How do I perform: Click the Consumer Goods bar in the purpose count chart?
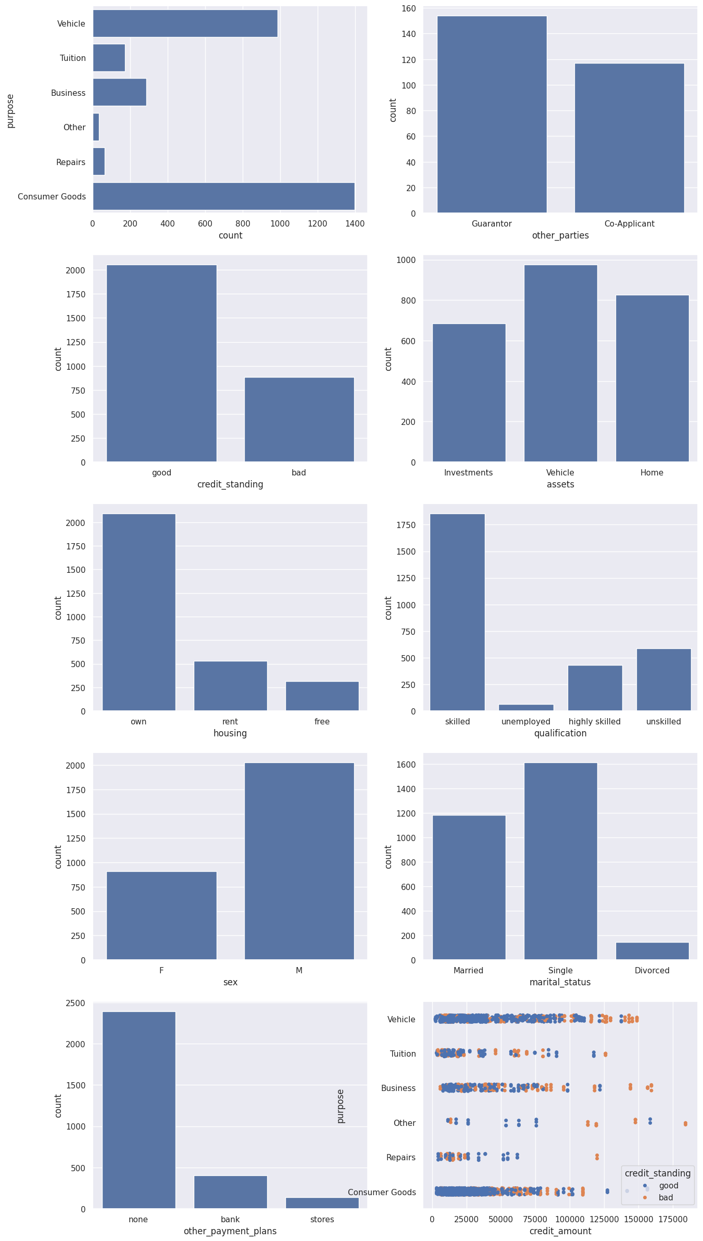(223, 196)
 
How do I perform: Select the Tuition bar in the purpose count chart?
(109, 58)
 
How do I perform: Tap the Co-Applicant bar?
(629, 138)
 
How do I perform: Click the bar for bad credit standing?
(299, 419)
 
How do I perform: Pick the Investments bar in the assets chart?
(469, 393)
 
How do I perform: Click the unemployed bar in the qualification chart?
(526, 707)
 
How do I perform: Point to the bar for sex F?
(161, 915)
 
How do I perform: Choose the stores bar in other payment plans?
(322, 1203)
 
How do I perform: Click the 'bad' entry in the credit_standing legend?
(666, 1197)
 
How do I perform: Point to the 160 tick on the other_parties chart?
(409, 8)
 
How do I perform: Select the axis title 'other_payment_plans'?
(230, 1231)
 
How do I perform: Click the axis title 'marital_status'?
(560, 982)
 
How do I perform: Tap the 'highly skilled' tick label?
(594, 722)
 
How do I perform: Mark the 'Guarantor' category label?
(492, 224)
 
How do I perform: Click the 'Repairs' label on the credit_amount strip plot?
(401, 1157)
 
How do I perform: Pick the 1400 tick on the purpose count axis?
(355, 224)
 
